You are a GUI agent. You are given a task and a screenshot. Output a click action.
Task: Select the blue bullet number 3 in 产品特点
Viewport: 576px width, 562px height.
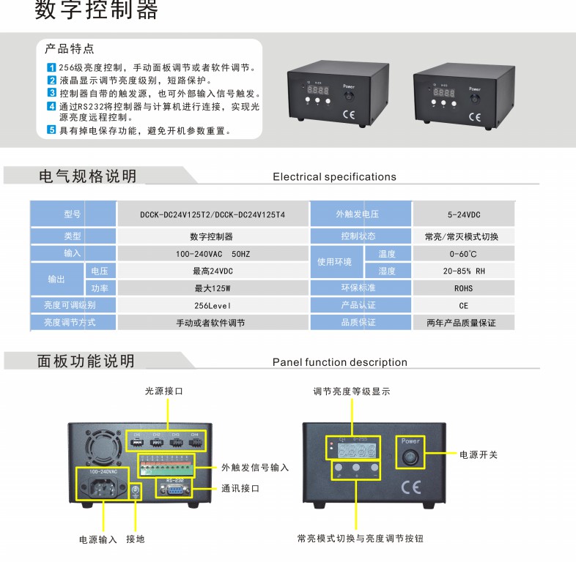[x=52, y=93]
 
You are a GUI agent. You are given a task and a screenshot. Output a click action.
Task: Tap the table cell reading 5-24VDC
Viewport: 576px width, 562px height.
[x=463, y=214]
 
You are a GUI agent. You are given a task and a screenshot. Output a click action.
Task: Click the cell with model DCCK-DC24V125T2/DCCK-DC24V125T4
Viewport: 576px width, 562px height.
[x=213, y=214]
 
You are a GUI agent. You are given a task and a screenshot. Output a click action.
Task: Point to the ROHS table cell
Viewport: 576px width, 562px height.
[x=463, y=288]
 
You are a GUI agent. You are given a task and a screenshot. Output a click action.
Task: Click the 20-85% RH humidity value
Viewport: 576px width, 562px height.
[x=463, y=271]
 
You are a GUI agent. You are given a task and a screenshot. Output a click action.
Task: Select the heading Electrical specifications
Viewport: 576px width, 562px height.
[x=334, y=176]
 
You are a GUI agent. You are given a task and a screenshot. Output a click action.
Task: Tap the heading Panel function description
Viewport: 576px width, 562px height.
[x=339, y=362]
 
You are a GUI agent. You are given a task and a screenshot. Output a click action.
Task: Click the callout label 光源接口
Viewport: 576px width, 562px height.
[x=164, y=391]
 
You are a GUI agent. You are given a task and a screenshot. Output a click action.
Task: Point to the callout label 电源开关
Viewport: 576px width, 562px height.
[x=478, y=454]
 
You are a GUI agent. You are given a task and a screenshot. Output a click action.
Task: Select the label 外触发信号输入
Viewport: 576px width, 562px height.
[x=255, y=468]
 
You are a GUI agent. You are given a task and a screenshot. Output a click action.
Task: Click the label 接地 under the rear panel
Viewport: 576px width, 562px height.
[x=136, y=539]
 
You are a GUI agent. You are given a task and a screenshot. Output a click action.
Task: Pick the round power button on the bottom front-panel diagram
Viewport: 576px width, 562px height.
[x=410, y=457]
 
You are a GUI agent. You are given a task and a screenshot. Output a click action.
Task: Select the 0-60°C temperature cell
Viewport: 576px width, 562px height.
[x=463, y=254]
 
